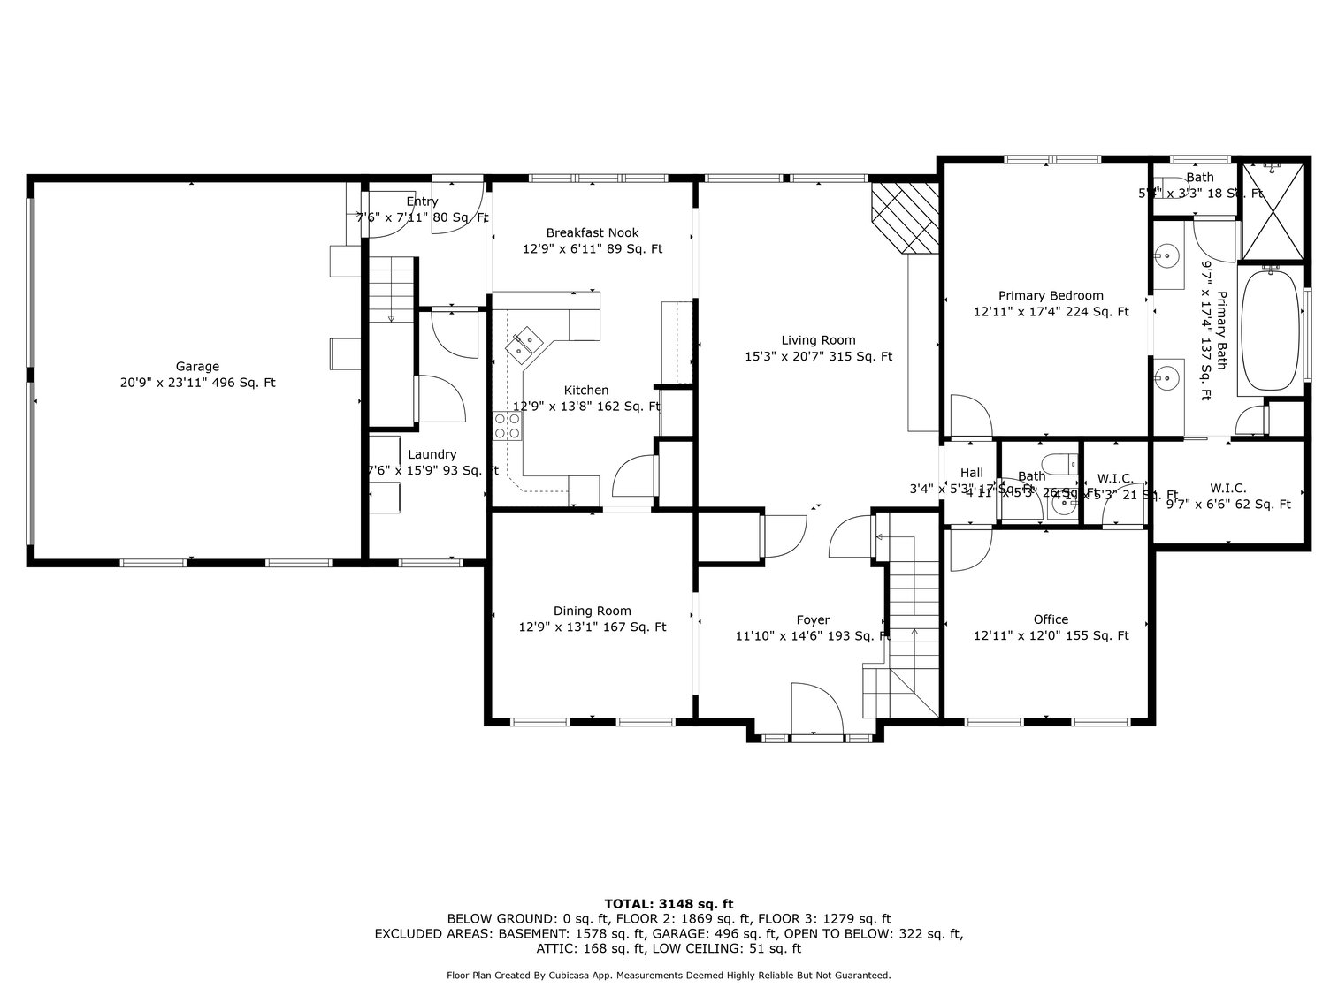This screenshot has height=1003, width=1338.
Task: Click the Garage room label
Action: [197, 367]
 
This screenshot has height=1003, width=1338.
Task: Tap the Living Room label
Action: [818, 340]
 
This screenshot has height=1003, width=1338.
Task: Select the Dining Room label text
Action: [592, 611]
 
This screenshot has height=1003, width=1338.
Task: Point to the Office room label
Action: [1051, 619]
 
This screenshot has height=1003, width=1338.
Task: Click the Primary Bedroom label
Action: [1051, 296]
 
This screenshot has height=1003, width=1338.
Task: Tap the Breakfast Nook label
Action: [592, 233]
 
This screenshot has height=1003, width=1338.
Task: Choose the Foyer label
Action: [812, 620]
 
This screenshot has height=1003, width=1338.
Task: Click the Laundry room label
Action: [432, 454]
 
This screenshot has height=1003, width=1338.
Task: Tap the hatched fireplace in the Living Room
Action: [905, 217]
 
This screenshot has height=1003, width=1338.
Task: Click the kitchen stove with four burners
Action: [507, 433]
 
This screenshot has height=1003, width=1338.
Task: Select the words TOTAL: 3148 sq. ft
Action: [669, 903]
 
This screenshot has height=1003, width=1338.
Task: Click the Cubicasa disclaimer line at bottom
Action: [669, 976]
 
